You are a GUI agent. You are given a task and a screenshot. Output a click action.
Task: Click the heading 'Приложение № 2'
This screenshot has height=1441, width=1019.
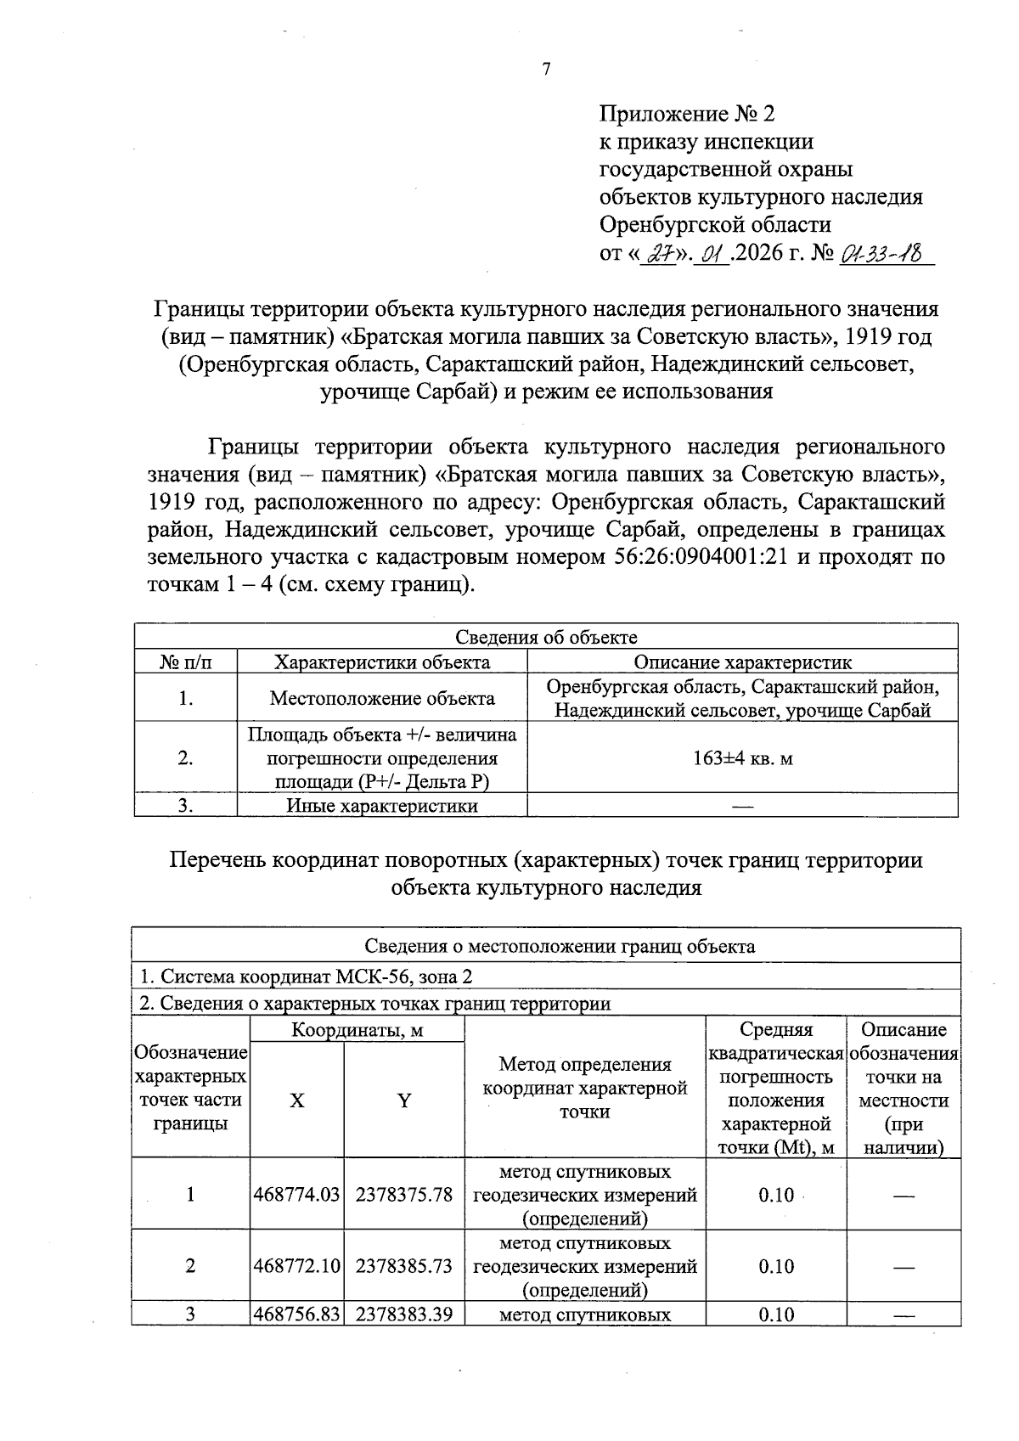[x=687, y=114]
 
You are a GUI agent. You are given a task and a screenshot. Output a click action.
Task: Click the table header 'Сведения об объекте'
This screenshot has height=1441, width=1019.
[x=546, y=638]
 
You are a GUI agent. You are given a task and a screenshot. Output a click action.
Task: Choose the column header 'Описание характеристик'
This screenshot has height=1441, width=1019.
[x=743, y=662]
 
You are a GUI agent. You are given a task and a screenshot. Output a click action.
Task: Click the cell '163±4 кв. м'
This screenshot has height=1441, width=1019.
[x=743, y=758]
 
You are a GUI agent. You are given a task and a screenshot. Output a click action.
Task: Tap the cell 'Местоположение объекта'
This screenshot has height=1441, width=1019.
[x=382, y=699]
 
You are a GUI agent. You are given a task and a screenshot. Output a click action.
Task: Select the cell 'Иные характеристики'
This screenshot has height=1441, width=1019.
[x=382, y=806]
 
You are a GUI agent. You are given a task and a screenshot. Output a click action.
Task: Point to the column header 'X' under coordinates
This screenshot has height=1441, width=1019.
[x=296, y=1101]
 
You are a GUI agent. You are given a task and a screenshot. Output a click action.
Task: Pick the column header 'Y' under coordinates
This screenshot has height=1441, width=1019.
[x=404, y=1101]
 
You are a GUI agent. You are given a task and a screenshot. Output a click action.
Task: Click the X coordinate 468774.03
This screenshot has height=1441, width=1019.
[x=296, y=1195]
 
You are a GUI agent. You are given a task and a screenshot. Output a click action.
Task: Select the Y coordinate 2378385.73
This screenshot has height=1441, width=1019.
[x=404, y=1266]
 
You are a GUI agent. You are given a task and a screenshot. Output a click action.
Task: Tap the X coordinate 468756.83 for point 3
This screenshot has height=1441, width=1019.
[x=296, y=1314]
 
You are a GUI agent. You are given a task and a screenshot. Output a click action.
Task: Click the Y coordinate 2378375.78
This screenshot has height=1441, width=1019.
[x=404, y=1195]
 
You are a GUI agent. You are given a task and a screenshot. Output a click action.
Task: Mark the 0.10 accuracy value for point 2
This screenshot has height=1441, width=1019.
[x=775, y=1266]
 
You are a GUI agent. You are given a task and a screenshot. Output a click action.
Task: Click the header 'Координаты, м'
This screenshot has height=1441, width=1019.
[x=357, y=1031]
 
